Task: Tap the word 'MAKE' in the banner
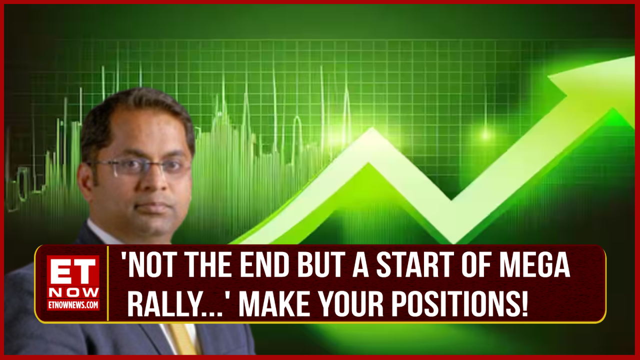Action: [x=273, y=305]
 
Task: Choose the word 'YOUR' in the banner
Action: [x=352, y=305]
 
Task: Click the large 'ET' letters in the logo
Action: [x=73, y=272]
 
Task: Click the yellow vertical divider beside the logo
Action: [x=108, y=282]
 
